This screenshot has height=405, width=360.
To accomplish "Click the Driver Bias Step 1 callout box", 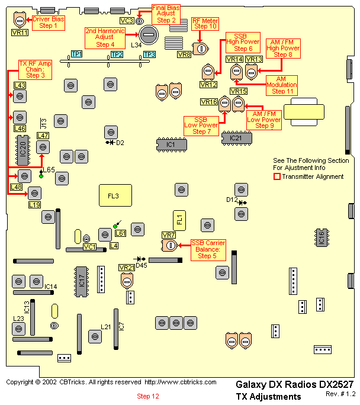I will pyautogui.click(x=49, y=22).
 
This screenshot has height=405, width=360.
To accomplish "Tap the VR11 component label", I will pyautogui.click(x=20, y=33).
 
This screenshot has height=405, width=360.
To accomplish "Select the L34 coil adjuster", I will pyautogui.click(x=147, y=34).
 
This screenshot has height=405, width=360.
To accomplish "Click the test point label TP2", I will pyautogui.click(x=117, y=54).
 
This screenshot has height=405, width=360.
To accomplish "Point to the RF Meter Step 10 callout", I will pyautogui.click(x=205, y=23).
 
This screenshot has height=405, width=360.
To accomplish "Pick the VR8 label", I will pyautogui.click(x=184, y=54).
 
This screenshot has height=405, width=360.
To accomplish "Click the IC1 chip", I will pyautogui.click(x=171, y=144).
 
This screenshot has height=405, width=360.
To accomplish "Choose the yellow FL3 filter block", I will pyautogui.click(x=114, y=195).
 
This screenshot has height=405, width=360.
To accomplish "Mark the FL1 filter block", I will pyautogui.click(x=179, y=220).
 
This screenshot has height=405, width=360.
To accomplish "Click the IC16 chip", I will pyautogui.click(x=322, y=237).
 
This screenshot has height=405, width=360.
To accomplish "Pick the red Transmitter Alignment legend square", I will pyautogui.click(x=276, y=176).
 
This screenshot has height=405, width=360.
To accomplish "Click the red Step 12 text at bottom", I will pyautogui.click(x=148, y=396).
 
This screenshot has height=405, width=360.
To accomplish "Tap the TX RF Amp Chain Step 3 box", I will pyautogui.click(x=35, y=69).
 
